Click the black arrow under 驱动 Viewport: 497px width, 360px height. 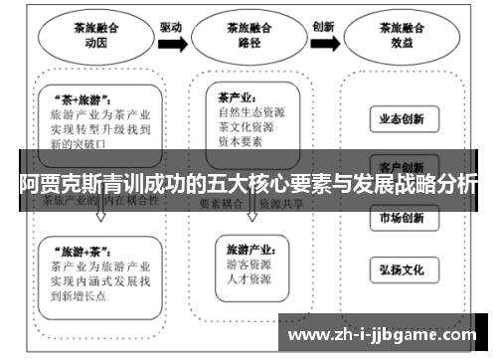click(x=170, y=44)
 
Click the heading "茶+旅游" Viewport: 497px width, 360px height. click(x=77, y=100)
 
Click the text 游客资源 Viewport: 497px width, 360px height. click(x=248, y=267)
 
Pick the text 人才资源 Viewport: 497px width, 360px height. click(x=248, y=281)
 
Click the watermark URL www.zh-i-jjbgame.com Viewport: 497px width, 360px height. click(x=387, y=335)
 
